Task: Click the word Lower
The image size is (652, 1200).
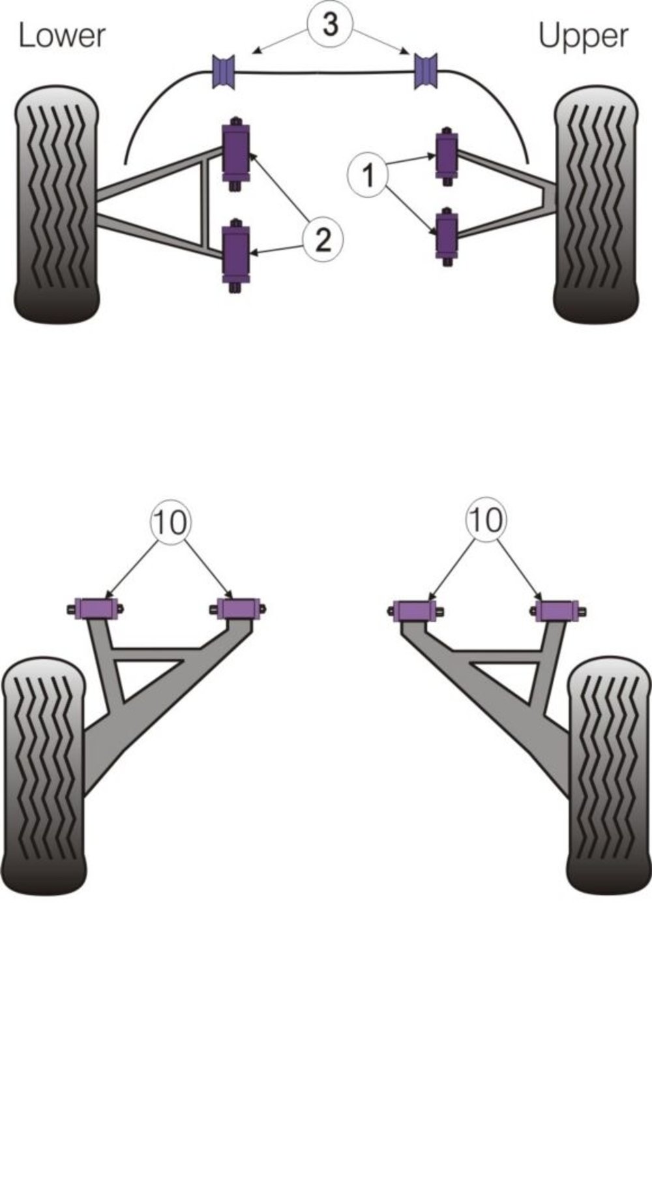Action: [61, 35]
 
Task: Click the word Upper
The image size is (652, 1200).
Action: [584, 37]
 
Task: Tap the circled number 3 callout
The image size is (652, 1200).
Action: [331, 26]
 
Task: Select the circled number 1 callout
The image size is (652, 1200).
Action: [369, 175]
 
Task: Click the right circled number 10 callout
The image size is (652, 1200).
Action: [486, 520]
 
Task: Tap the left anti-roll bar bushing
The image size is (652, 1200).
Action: [224, 72]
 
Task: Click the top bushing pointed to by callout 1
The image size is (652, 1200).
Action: [447, 155]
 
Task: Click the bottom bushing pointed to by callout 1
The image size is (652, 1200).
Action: [447, 235]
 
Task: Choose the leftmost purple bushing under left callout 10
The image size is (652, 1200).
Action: [96, 608]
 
